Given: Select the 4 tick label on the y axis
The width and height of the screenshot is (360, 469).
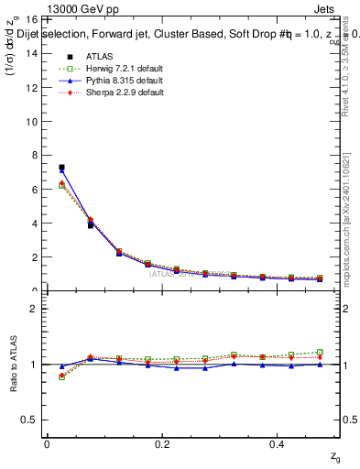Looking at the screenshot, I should tap(34, 223).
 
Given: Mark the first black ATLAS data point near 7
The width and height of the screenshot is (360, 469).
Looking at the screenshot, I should tap(61, 168).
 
